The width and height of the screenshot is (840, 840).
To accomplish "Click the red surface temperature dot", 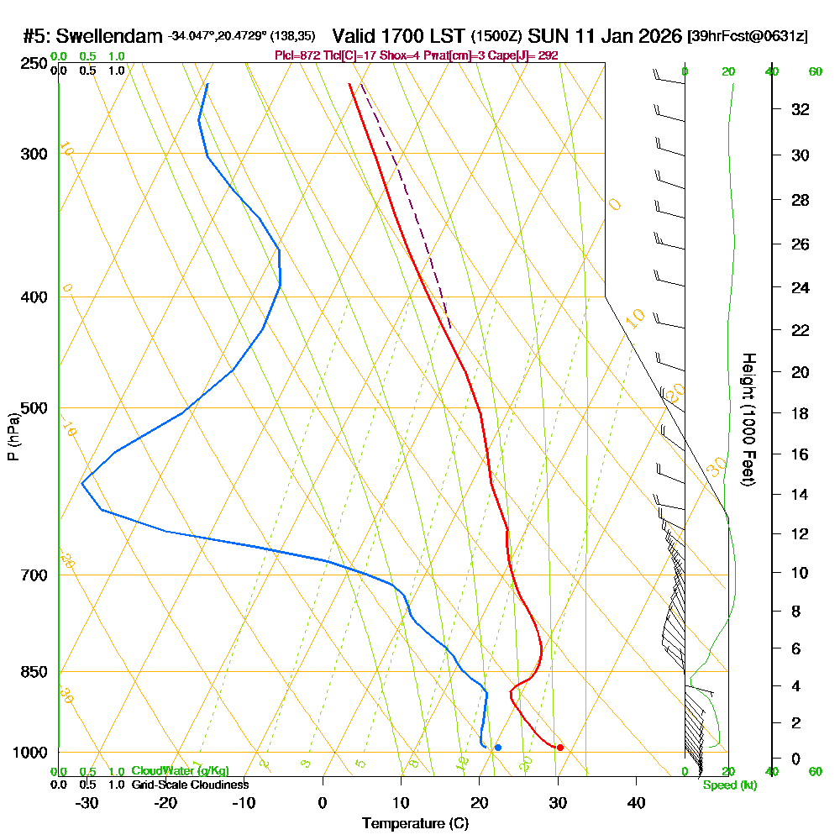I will pos(560,748).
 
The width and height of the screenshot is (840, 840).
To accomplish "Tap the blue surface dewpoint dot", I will pos(498,748).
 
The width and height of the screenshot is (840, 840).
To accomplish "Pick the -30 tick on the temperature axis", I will pos(87,802).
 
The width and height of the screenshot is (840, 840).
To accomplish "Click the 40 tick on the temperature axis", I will pos(636,802).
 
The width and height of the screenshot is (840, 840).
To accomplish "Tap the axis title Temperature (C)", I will pos(415,823).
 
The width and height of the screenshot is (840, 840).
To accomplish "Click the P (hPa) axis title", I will pos(13,437).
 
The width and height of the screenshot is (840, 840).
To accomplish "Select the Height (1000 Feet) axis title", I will pos(747,419).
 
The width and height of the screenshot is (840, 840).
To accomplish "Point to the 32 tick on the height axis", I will pos(801,109).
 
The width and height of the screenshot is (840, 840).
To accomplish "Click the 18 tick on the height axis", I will pos(801,413).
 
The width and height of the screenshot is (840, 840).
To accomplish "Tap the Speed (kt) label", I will pos(729,785).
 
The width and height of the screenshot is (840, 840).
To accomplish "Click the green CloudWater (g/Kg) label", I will pos(179,771).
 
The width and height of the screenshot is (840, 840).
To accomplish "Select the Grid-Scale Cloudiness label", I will pos(190,785).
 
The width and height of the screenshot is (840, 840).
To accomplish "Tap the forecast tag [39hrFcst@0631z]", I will pos(748,37).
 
